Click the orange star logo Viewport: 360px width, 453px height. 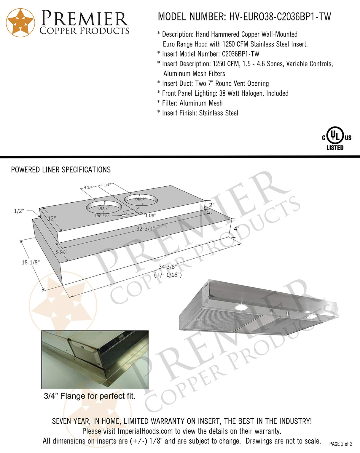point(20,23)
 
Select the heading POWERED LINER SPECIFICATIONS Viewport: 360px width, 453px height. point(61,170)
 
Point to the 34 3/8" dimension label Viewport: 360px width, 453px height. point(168,267)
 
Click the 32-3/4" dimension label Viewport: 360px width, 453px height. point(145,229)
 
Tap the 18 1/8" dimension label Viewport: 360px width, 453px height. point(31,262)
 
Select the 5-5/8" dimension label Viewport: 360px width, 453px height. point(62,252)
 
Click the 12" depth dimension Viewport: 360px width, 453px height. point(52,219)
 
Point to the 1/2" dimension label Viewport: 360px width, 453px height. point(19,211)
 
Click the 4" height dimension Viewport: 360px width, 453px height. point(236,229)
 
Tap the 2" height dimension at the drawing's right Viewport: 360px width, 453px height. point(211,205)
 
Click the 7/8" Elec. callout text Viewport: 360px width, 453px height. point(102,216)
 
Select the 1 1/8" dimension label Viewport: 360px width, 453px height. point(150,215)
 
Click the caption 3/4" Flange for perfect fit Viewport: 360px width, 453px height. point(90,396)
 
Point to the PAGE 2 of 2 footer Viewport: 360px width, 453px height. point(341,444)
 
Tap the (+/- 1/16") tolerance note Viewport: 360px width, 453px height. point(168,275)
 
